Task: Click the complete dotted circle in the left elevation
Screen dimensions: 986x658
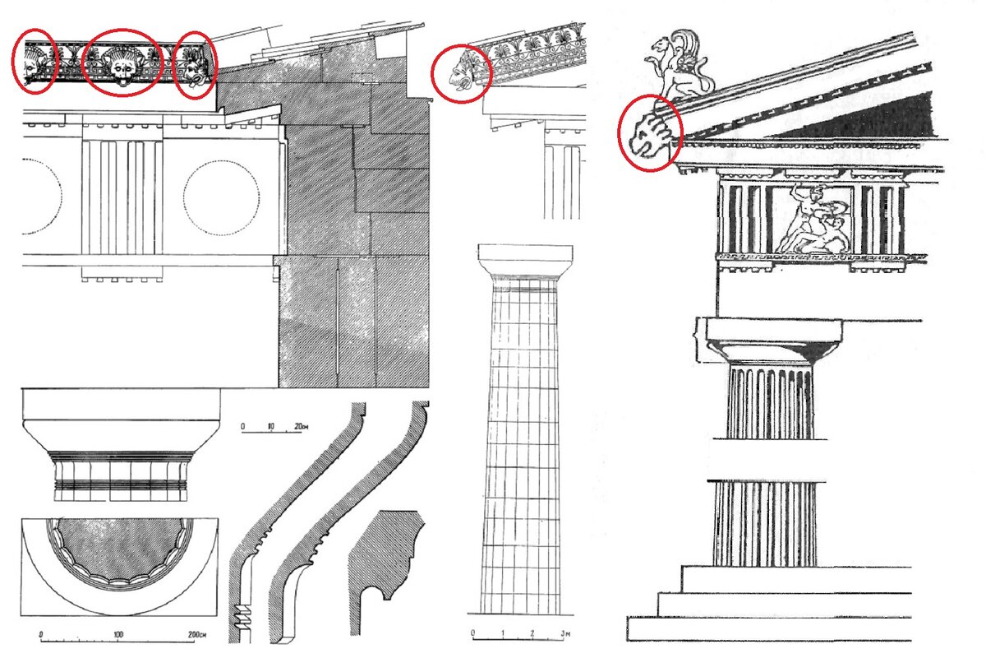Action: pos(221,198)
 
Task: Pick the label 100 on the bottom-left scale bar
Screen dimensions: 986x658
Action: pos(118,634)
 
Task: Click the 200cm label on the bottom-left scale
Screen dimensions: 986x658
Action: pos(196,634)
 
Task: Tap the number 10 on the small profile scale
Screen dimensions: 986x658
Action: pos(270,426)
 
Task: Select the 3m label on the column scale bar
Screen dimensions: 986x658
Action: pos(565,633)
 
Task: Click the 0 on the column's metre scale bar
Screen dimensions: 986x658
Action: pos(472,633)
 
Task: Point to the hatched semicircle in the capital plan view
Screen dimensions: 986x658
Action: pos(119,550)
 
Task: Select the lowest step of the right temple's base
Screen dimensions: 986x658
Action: pos(769,629)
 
